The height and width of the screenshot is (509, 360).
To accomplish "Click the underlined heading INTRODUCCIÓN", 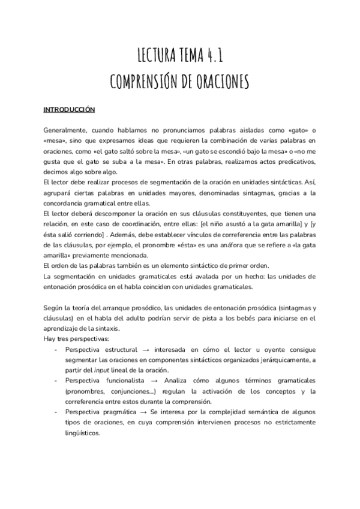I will (x=70, y=110).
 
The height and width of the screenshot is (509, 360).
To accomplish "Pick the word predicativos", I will (x=290, y=162).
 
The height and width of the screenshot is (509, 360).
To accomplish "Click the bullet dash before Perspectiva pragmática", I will (x=56, y=414).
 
